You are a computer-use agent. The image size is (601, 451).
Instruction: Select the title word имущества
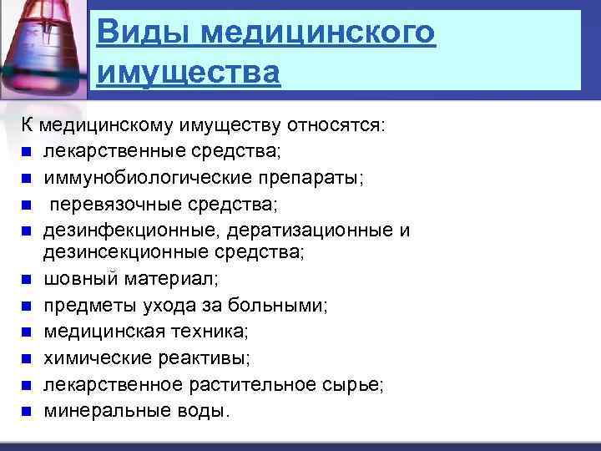point(188,73)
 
